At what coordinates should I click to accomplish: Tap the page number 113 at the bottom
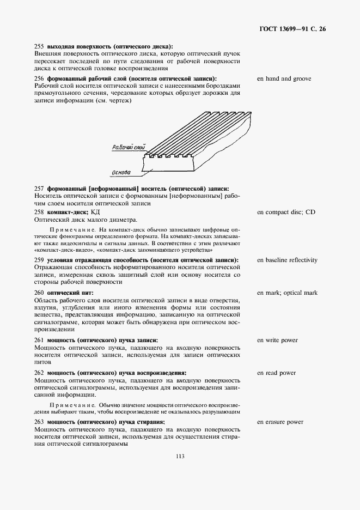(180, 457)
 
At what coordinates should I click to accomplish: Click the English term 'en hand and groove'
(284, 78)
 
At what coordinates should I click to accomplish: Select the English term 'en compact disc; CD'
(286, 211)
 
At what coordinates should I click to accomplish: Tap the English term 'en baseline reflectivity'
(287, 260)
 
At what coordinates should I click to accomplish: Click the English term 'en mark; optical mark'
(287, 293)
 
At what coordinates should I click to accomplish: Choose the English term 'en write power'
(277, 340)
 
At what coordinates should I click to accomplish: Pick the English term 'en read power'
(276, 373)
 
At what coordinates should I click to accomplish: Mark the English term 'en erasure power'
(280, 422)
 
